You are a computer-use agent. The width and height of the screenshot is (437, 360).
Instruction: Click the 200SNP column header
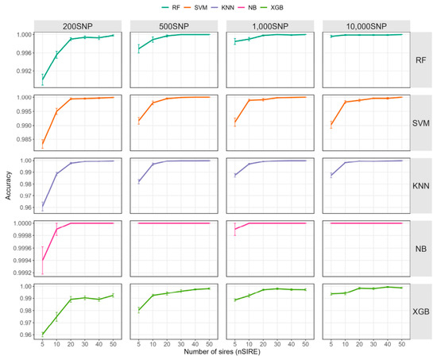[x=78, y=26]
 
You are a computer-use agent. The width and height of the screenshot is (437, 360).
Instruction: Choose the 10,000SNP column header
[x=366, y=26]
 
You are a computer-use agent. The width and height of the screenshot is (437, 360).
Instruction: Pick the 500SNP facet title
[x=174, y=26]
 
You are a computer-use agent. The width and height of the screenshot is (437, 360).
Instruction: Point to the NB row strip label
[x=420, y=249]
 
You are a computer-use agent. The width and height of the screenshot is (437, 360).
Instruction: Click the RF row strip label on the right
[x=420, y=60]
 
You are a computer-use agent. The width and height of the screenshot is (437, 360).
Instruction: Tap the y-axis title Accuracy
[x=8, y=185]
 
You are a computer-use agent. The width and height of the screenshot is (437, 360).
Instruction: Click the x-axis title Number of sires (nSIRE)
[x=222, y=352]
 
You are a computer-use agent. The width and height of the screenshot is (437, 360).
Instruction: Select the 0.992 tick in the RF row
[x=24, y=71]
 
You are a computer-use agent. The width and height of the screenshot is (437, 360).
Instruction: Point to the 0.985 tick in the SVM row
[x=24, y=139]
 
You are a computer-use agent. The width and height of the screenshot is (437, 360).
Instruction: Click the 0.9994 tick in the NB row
[x=22, y=261]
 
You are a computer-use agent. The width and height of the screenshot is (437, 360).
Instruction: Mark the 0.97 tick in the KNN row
[x=26, y=195]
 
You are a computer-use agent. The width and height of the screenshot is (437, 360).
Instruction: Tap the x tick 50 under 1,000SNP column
[x=305, y=344]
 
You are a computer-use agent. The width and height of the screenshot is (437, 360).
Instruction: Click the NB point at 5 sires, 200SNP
[x=42, y=260]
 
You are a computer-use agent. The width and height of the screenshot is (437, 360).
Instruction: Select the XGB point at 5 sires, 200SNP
[x=42, y=335]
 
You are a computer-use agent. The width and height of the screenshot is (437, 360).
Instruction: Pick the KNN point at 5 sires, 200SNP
[x=42, y=207]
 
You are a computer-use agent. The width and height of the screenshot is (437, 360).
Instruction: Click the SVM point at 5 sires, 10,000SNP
[x=331, y=125]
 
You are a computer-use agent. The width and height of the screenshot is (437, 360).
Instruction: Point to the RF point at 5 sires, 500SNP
[x=138, y=48]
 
